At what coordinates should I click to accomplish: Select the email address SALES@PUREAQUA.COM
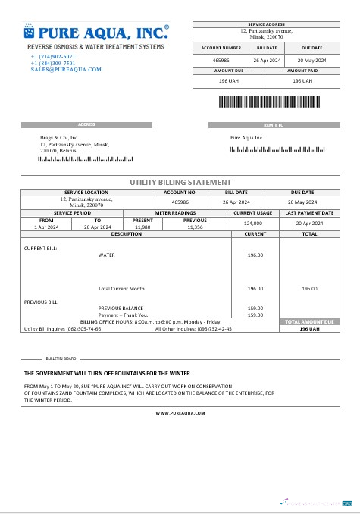(66, 69)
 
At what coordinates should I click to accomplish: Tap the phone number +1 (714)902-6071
(53, 57)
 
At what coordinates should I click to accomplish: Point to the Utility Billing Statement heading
(180, 183)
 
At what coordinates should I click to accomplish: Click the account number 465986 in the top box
(221, 59)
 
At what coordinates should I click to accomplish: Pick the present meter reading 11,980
(142, 227)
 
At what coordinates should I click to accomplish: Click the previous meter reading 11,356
(196, 227)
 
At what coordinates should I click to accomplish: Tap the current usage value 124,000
(252, 224)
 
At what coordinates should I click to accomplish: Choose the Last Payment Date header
(309, 213)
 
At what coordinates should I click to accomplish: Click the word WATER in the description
(107, 255)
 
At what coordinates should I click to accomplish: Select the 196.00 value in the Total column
(309, 289)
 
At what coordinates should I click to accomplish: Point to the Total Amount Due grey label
(309, 322)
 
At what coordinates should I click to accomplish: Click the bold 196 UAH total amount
(309, 329)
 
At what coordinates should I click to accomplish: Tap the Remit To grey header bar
(274, 124)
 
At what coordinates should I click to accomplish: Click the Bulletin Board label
(61, 358)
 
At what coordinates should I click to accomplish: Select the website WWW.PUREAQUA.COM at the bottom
(180, 414)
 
